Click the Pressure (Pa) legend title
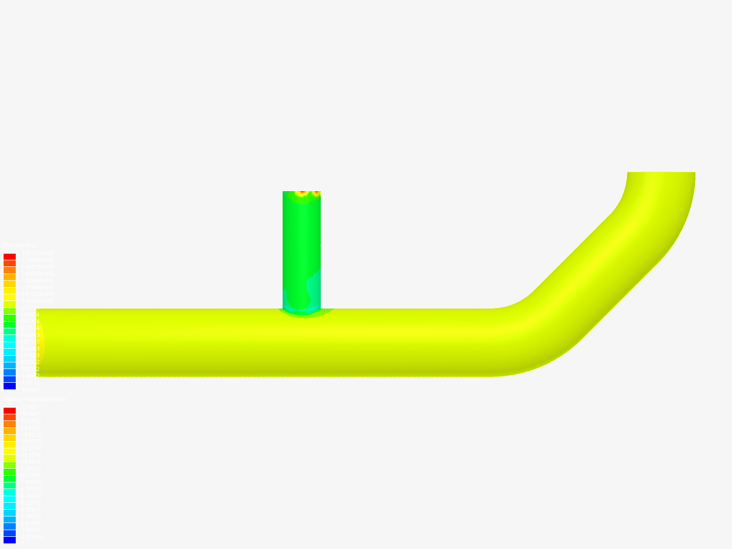pos(19,246)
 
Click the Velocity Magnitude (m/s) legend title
pos(35,400)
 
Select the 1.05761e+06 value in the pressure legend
pos(36,253)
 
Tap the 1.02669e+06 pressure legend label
pos(36,281)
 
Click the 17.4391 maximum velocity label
pos(30,407)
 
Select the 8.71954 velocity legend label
pos(30,475)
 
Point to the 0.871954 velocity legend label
pos(32,537)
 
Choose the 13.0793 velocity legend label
pos(30,441)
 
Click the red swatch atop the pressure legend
pos(10,257)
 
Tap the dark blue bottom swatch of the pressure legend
pos(10,386)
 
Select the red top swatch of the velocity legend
pos(10,411)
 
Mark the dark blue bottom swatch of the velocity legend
pos(10,540)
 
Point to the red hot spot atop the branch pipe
pos(302,193)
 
